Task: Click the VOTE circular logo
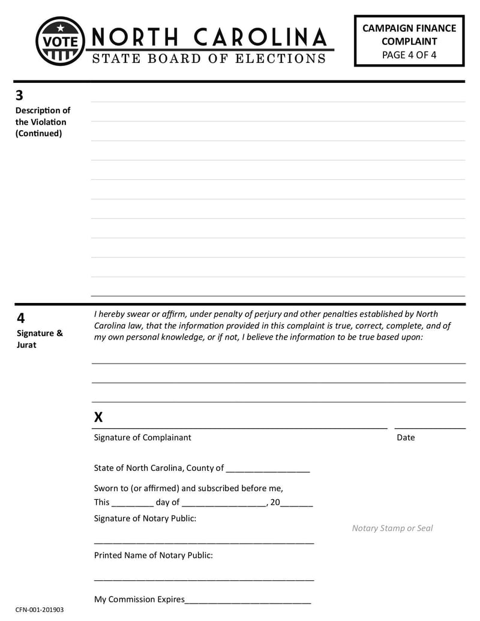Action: click(x=60, y=41)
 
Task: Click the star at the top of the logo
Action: click(x=60, y=28)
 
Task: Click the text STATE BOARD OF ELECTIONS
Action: click(x=209, y=59)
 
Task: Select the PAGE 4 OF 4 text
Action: click(x=409, y=55)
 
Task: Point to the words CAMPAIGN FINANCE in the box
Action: click(x=409, y=28)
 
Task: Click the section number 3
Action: click(x=20, y=95)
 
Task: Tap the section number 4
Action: click(x=20, y=318)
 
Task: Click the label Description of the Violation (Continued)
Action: click(x=42, y=122)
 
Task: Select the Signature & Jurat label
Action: click(x=39, y=339)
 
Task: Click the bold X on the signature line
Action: click(x=98, y=418)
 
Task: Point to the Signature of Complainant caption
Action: click(x=142, y=437)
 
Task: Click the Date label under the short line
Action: click(x=406, y=437)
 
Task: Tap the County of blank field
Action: click(x=268, y=469)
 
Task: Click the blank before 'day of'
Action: click(x=133, y=503)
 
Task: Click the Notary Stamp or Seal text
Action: click(x=392, y=528)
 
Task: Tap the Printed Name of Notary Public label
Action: click(x=153, y=556)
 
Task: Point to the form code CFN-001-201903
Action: click(x=40, y=610)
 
